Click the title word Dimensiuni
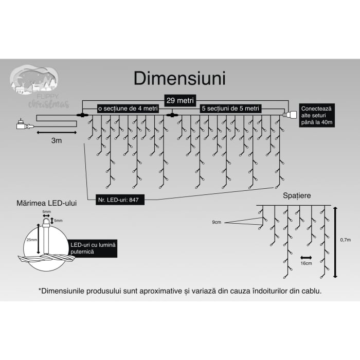[x=179, y=78]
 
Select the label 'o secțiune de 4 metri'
[x=128, y=109]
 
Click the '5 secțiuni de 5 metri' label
[x=230, y=109]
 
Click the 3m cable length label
[x=57, y=140]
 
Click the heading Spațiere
[x=297, y=195]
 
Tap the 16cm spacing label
[x=306, y=263]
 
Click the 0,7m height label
[x=346, y=240]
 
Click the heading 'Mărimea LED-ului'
[x=47, y=204]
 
